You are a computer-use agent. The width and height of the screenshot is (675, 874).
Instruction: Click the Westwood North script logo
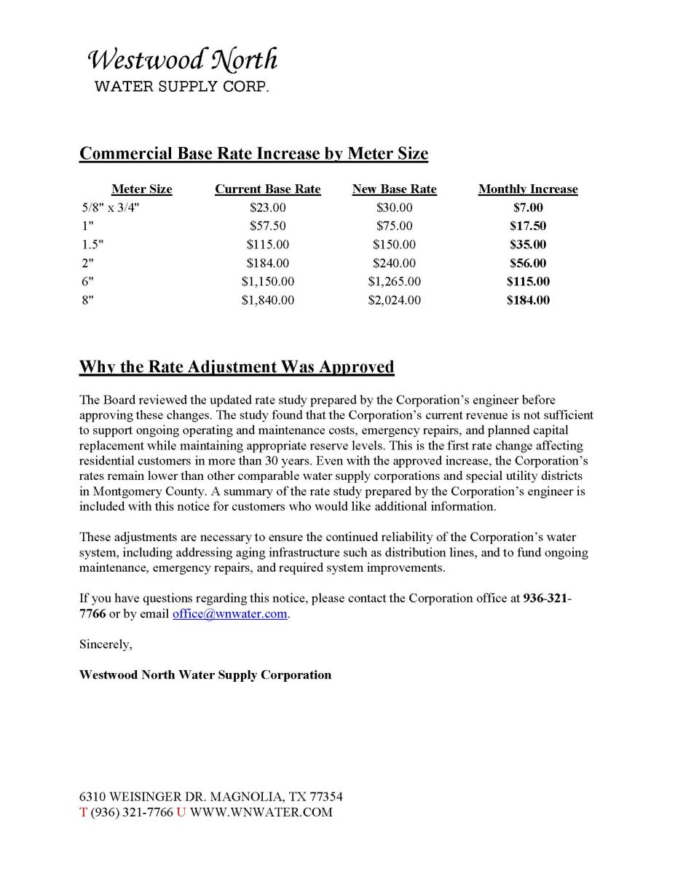click(182, 60)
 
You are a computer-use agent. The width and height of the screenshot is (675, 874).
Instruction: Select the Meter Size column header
click(142, 189)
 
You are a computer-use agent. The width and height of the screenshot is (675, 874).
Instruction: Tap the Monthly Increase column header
click(528, 189)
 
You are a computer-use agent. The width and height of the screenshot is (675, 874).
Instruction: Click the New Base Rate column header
click(394, 189)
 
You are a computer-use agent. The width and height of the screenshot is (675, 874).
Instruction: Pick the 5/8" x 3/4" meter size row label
click(110, 208)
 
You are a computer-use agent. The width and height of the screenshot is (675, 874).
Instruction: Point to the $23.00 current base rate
click(267, 208)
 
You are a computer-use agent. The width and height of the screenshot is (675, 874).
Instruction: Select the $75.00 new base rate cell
click(394, 226)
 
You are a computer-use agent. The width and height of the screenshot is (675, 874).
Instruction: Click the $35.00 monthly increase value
click(528, 245)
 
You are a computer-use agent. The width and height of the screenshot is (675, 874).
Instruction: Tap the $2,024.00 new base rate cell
click(394, 300)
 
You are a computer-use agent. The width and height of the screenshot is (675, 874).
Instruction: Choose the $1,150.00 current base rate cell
click(267, 281)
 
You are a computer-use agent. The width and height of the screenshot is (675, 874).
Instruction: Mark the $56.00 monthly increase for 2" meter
click(528, 263)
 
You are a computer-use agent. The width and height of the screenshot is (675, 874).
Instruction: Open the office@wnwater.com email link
click(229, 614)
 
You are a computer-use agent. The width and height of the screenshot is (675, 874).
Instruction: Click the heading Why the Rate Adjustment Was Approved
click(237, 366)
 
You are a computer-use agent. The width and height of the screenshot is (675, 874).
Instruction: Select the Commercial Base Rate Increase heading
click(253, 154)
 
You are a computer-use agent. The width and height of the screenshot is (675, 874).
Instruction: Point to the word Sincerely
click(106, 645)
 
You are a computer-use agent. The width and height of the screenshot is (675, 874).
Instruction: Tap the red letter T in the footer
click(83, 812)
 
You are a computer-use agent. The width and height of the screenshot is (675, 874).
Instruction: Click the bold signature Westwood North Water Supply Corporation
click(205, 675)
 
